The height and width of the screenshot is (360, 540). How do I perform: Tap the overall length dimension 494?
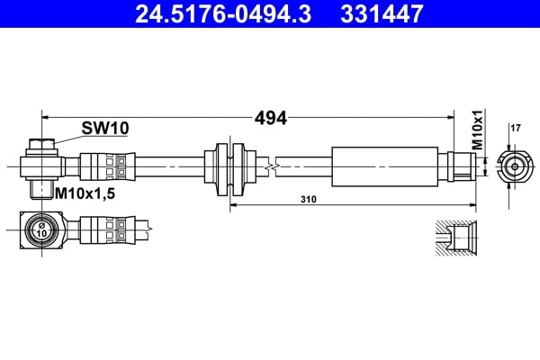pyautogui.click(x=270, y=117)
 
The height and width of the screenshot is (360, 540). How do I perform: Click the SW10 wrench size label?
pyautogui.click(x=105, y=128)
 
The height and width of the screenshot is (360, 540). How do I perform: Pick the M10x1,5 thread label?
pyautogui.click(x=88, y=192)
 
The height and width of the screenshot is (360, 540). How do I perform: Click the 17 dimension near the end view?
pyautogui.click(x=516, y=128)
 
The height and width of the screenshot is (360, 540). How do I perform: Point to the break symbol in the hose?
pyautogui.click(x=269, y=166)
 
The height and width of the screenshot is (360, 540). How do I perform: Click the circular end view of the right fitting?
pyautogui.click(x=513, y=166)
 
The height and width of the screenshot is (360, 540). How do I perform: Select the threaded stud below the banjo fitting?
pyautogui.click(x=41, y=189)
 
